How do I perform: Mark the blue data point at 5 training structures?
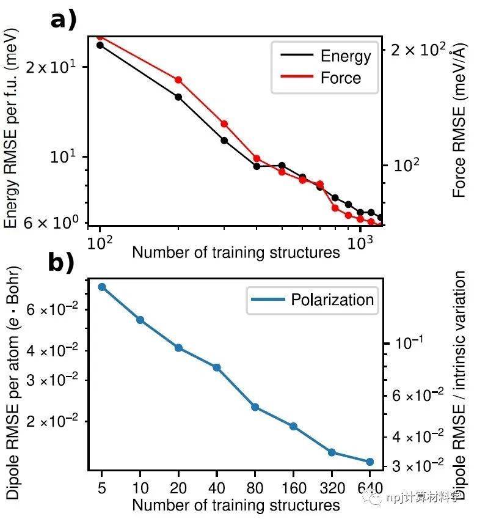coord(102,287)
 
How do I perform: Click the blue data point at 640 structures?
coord(370,462)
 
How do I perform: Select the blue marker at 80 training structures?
coord(255,407)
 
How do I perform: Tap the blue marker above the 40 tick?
coord(217,367)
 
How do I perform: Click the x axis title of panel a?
coord(236,252)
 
